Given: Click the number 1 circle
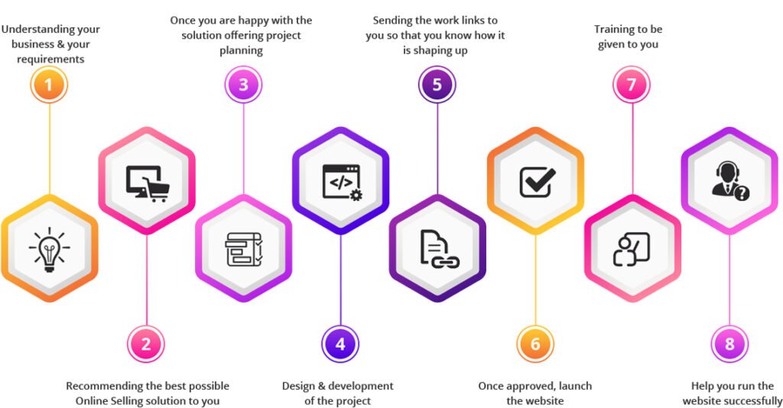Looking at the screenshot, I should (49, 85).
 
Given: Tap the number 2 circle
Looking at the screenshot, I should (146, 344).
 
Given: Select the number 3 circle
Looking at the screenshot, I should (243, 85).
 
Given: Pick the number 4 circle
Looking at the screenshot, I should (340, 344).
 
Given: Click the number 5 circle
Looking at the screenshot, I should (437, 85).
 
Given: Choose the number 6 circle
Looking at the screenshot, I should (535, 344).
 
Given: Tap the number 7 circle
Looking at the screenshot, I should (632, 85).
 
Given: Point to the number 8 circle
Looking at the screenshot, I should (729, 344).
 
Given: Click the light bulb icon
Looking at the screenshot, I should (49, 249).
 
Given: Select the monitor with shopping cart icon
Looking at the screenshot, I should (146, 182).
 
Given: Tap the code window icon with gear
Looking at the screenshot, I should (340, 182).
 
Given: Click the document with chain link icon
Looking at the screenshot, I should (438, 249).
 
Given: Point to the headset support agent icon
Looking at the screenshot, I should (729, 182).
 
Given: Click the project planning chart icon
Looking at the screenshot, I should (243, 249).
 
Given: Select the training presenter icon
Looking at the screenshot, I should (632, 249).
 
